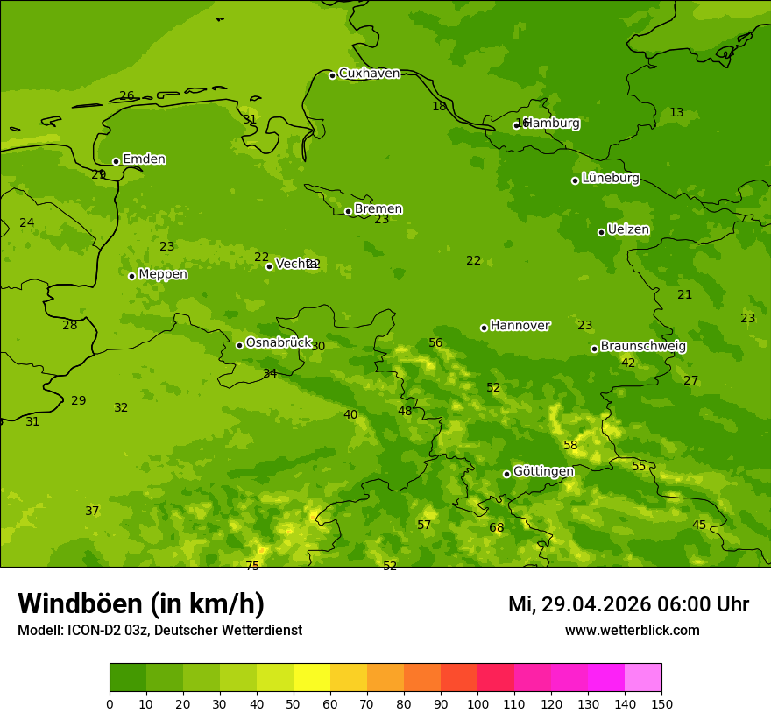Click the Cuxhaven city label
(x=369, y=74)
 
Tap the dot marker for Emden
(x=116, y=161)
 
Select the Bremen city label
(x=378, y=209)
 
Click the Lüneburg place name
(x=610, y=178)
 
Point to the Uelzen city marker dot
(x=601, y=232)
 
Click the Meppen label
(x=163, y=274)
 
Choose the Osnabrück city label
(x=279, y=342)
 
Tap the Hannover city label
(x=520, y=326)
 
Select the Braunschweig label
(x=643, y=347)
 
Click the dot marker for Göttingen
(x=506, y=474)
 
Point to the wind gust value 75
(x=252, y=567)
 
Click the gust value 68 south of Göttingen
(x=497, y=528)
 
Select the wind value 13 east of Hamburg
(x=676, y=113)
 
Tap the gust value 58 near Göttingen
(x=570, y=446)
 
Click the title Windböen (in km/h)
(x=141, y=603)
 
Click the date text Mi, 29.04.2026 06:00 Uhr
(x=628, y=604)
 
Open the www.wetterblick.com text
(x=632, y=631)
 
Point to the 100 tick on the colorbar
(x=477, y=703)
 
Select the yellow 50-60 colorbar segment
(x=312, y=678)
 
